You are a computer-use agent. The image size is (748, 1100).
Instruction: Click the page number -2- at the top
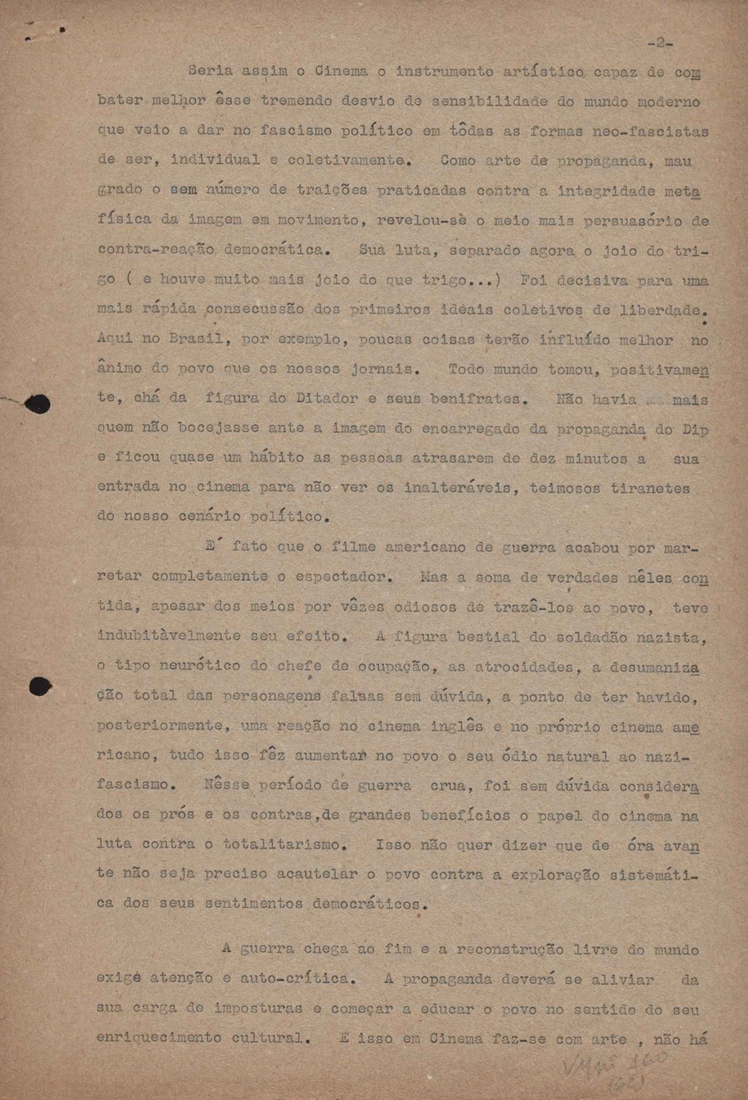click(x=660, y=43)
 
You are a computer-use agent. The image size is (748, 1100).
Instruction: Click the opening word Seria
click(x=211, y=71)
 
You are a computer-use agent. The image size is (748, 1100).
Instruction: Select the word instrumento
click(x=445, y=72)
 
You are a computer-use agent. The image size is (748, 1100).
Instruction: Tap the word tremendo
click(x=297, y=101)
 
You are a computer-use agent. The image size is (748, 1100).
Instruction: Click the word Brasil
click(x=195, y=339)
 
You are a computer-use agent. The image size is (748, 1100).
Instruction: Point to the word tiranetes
click(x=650, y=488)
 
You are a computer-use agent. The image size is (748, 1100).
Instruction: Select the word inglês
click(x=457, y=726)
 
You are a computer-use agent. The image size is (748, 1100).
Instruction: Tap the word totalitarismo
click(x=284, y=844)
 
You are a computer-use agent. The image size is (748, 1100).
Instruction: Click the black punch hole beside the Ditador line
click(x=38, y=404)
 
